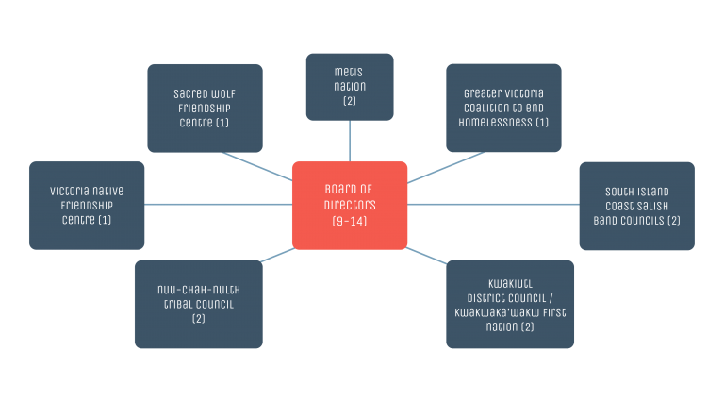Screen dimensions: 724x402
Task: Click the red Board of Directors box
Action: click(x=350, y=205)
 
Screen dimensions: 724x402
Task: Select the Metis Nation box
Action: click(x=350, y=87)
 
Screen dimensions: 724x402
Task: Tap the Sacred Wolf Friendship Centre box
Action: click(x=205, y=109)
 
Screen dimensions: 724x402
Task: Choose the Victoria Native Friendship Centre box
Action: click(x=87, y=205)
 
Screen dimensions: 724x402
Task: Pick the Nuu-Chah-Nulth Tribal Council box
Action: click(x=199, y=304)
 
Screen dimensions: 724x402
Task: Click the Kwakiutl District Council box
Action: click(x=510, y=304)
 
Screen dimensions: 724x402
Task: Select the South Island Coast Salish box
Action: click(x=636, y=206)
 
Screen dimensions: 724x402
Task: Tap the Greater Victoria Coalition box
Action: click(x=503, y=109)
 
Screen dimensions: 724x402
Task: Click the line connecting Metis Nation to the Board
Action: click(x=350, y=141)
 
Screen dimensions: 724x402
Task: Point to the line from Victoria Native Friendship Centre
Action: click(x=219, y=204)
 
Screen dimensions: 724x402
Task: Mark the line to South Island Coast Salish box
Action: click(x=493, y=204)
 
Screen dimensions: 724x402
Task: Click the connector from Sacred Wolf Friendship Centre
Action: click(x=257, y=166)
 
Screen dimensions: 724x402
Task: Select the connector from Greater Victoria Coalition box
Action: click(x=446, y=167)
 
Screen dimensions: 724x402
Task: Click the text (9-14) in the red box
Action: click(x=350, y=222)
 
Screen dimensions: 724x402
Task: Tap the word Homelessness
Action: click(x=496, y=123)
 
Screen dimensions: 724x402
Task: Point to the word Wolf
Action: click(x=224, y=94)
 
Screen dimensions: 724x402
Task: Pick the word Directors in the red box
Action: click(x=350, y=205)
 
